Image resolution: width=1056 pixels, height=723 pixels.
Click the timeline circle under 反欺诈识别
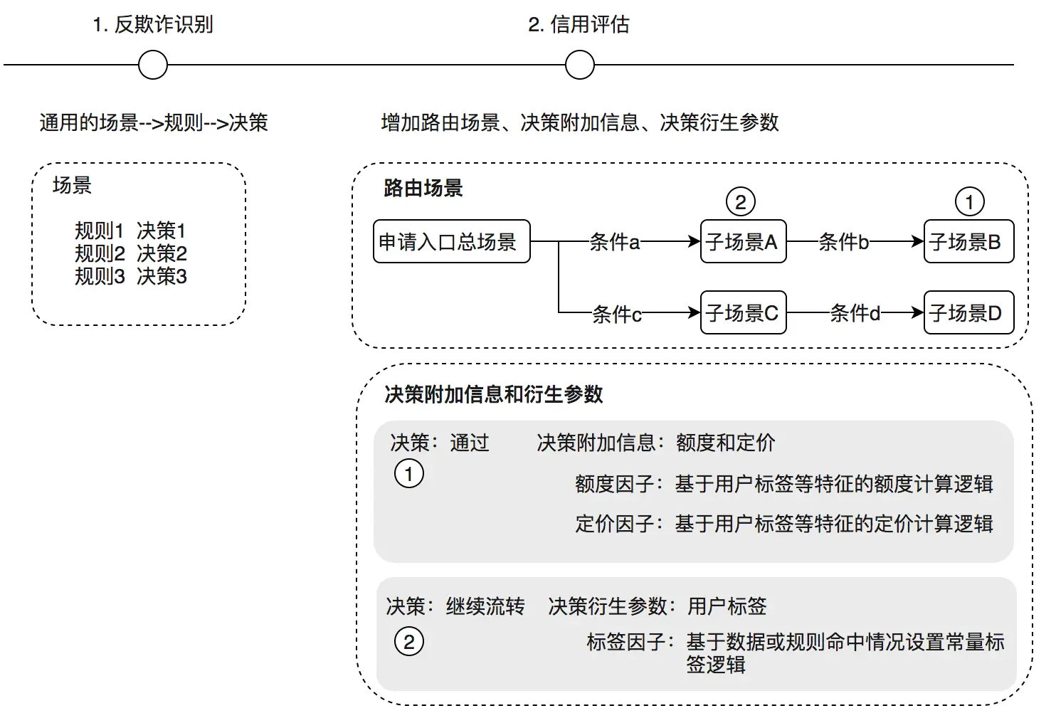pos(153,65)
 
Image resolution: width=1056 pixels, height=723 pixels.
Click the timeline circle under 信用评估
pos(580,65)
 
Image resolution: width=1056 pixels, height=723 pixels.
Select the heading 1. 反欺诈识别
pos(153,25)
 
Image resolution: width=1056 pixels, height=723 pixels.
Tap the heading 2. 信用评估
pos(579,25)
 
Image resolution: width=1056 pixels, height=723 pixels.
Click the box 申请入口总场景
pos(451,242)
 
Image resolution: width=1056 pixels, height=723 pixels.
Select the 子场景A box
pos(743,242)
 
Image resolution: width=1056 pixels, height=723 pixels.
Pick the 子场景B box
pos(968,242)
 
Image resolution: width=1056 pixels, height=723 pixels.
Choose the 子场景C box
pos(743,313)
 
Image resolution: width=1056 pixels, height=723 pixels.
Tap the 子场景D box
pos(968,313)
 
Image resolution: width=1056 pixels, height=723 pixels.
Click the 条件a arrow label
pos(615,243)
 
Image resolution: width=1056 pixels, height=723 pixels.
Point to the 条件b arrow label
pos(844,243)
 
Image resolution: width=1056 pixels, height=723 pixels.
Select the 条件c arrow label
pos(617,314)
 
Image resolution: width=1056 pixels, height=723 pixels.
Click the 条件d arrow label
pos(855,313)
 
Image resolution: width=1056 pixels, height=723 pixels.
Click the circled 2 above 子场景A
pos(741,202)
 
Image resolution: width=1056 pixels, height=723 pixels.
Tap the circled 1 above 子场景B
pos(969,202)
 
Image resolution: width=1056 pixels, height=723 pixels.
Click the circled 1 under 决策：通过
pos(409,474)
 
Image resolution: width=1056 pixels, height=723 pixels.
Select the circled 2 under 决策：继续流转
pos(409,642)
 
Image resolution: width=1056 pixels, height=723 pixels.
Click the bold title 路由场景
pos(423,189)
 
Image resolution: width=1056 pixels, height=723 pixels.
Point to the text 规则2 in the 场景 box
pos(100,253)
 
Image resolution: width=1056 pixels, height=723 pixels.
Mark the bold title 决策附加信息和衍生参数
pos(494,394)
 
